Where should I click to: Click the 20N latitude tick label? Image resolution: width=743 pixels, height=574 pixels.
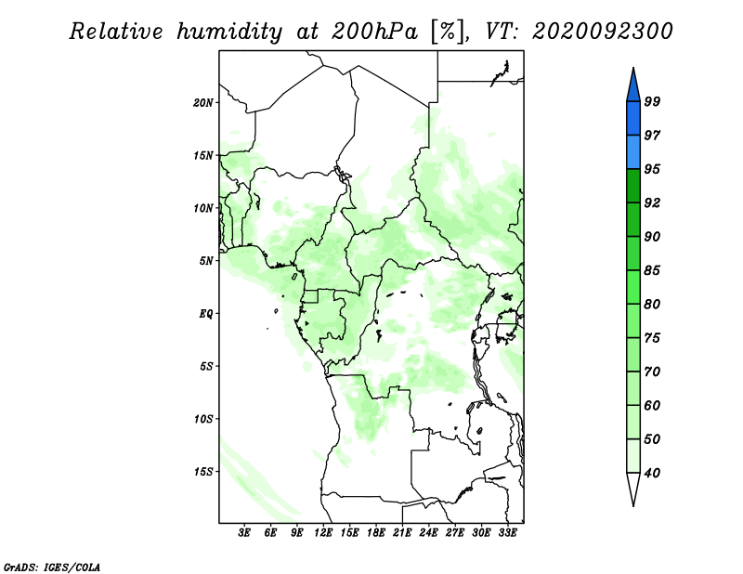click(x=203, y=103)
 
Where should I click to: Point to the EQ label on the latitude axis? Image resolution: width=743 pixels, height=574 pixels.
click(x=206, y=314)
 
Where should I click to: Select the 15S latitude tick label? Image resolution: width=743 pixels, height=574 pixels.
click(x=203, y=472)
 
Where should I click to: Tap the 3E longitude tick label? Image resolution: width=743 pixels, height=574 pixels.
click(x=244, y=532)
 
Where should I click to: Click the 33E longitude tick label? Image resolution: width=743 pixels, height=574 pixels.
click(x=507, y=532)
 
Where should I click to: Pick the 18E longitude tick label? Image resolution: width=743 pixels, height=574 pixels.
click(x=376, y=532)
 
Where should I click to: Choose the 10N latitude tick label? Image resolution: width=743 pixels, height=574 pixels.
click(x=203, y=208)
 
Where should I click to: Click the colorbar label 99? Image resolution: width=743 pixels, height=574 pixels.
click(x=652, y=101)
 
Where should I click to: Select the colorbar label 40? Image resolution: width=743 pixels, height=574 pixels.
click(x=652, y=473)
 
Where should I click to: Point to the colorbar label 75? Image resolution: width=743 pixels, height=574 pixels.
click(x=652, y=338)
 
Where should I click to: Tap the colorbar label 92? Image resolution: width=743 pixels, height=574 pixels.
click(x=652, y=202)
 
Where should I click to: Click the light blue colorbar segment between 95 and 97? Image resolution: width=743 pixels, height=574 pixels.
click(x=633, y=152)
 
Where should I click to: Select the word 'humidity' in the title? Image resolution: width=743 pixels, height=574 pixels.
click(x=229, y=32)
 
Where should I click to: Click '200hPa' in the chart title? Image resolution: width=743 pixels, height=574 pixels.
click(x=374, y=32)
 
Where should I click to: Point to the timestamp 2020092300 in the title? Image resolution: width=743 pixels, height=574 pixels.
click(x=602, y=32)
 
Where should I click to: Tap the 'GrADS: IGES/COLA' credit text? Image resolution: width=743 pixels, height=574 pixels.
click(x=52, y=567)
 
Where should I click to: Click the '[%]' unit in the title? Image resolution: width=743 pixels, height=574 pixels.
click(x=449, y=32)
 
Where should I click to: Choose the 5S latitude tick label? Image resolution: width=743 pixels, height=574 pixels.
click(x=206, y=366)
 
